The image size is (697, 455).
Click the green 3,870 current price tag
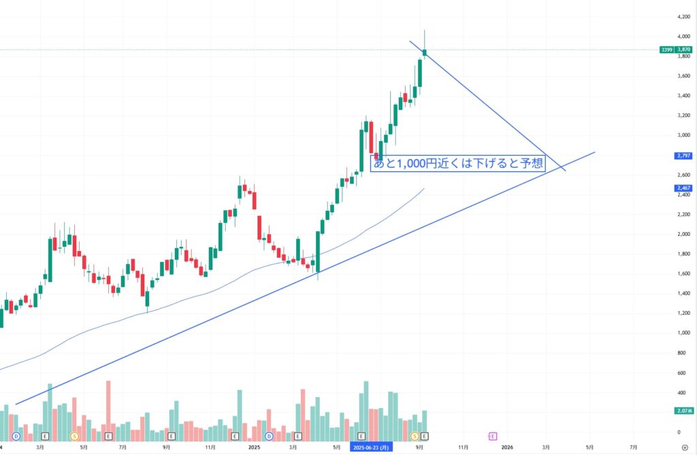(683, 50)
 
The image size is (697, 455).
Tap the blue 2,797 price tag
(683, 156)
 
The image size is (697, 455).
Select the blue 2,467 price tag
(683, 188)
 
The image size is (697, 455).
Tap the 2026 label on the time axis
(507, 447)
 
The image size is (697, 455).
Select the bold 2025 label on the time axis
(254, 447)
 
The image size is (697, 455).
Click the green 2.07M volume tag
(683, 411)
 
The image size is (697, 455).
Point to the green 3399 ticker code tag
(666, 50)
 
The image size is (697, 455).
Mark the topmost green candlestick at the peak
(425, 52)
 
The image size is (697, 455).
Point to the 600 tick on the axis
(681, 372)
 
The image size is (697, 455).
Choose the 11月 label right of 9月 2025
(463, 447)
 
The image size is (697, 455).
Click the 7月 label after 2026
(634, 447)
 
